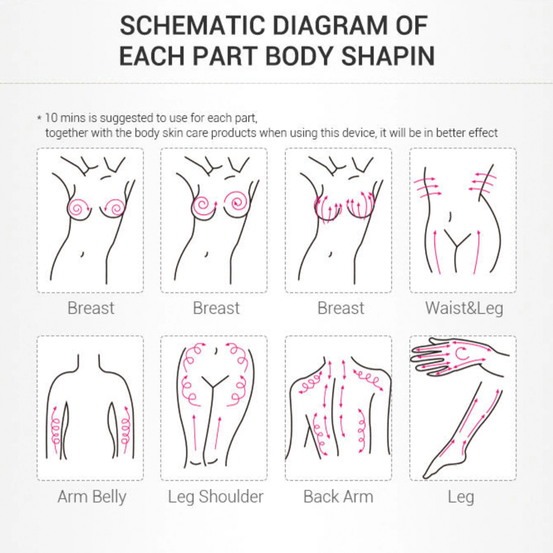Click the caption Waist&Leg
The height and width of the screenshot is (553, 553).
pos(464,308)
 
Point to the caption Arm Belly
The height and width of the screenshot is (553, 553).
pos(92,497)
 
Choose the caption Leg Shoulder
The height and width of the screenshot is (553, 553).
pos(216,497)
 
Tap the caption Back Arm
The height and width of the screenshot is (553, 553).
pos(338,497)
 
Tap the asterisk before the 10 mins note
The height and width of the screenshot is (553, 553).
pos(40,118)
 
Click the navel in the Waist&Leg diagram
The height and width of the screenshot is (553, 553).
pos(451,216)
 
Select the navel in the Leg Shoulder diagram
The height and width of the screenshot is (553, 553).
pos(216,351)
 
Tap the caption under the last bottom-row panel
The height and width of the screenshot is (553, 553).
pos(461,497)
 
